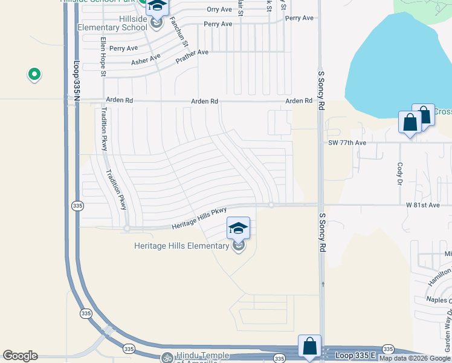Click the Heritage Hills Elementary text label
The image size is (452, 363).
[x=181, y=246]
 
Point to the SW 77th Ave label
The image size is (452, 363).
[x=346, y=143]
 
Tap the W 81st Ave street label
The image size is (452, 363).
[x=422, y=205]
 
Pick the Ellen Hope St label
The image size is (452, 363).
[x=103, y=57]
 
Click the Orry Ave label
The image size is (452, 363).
[x=219, y=9]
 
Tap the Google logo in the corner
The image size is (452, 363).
[x=20, y=356]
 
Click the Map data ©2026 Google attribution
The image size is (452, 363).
[x=415, y=358]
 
